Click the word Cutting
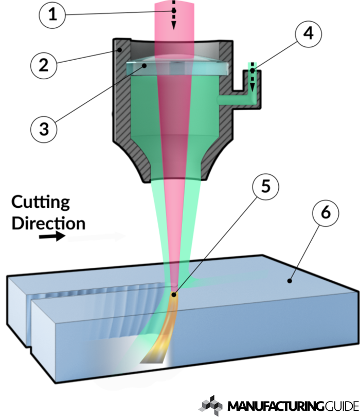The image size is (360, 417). [41, 202]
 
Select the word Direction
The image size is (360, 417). [48, 223]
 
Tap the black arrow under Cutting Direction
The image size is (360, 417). [53, 237]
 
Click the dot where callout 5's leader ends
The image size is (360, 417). [175, 295]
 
